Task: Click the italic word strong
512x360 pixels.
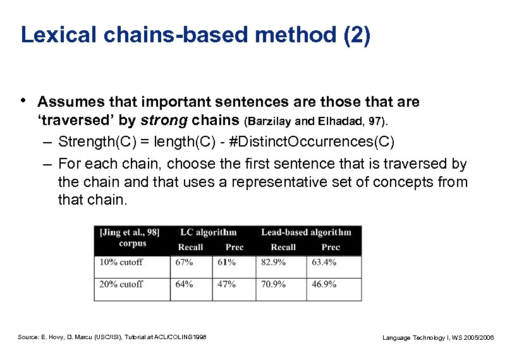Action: point(164,120)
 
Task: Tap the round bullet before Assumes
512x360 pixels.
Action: point(23,101)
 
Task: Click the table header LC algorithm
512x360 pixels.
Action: point(208,232)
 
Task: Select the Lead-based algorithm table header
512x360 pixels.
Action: point(306,232)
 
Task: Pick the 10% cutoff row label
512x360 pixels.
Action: point(121,262)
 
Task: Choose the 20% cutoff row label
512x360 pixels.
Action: point(121,284)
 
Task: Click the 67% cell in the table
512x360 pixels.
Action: point(184,262)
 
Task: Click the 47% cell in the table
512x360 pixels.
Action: point(226,284)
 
